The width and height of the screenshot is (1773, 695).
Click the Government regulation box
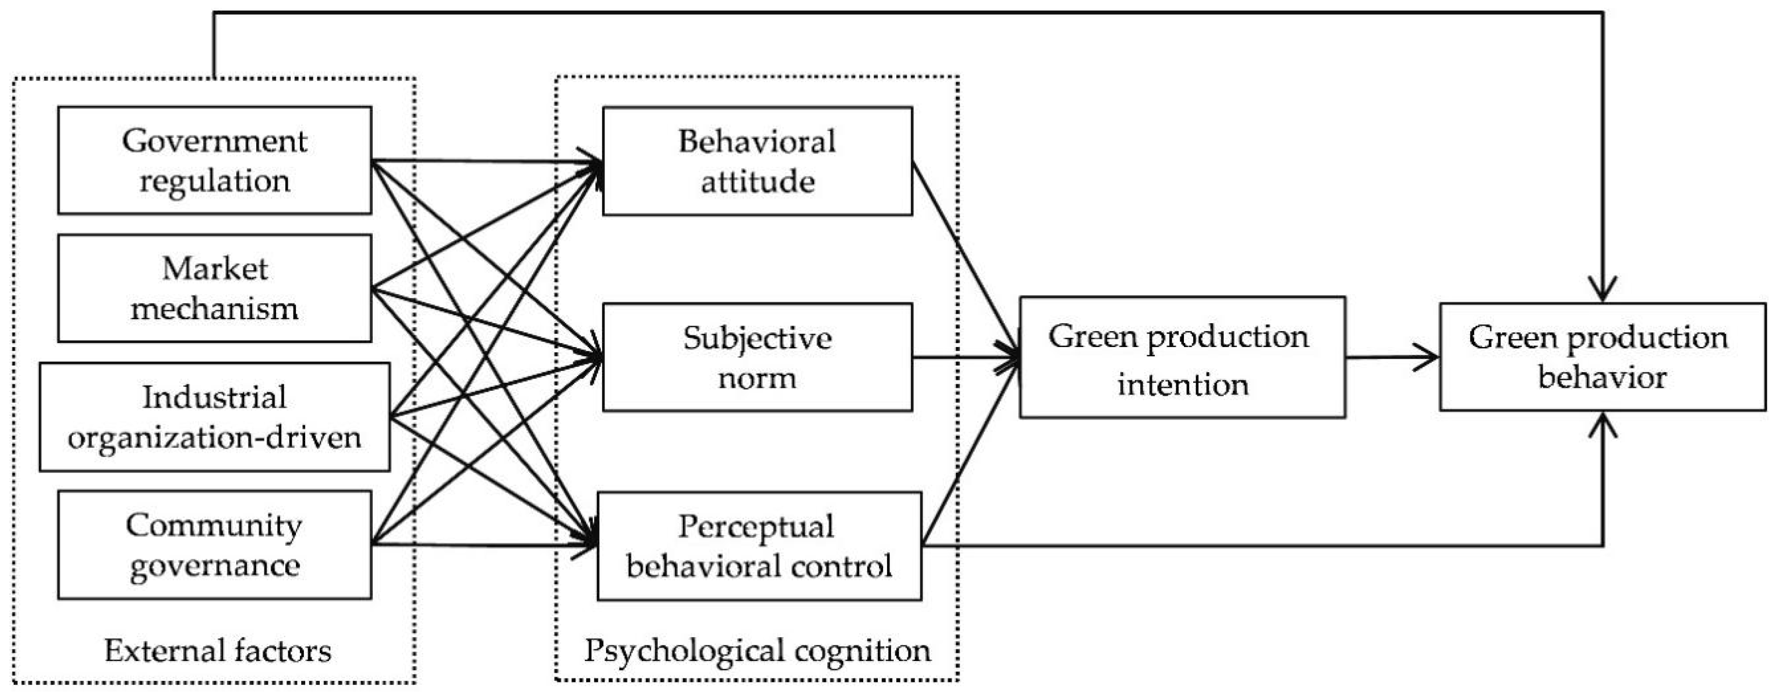(x=214, y=160)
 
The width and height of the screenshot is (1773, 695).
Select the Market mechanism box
(x=214, y=288)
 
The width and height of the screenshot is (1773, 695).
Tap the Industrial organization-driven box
(x=214, y=417)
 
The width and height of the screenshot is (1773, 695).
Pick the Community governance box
(x=214, y=544)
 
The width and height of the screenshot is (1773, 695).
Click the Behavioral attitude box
(x=757, y=161)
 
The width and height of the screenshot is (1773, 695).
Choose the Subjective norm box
(x=757, y=357)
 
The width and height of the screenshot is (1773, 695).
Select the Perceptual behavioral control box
(x=759, y=546)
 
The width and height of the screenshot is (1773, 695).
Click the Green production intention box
(x=1182, y=357)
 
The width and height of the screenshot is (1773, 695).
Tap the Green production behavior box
(x=1602, y=357)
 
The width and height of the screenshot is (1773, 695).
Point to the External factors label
(x=218, y=650)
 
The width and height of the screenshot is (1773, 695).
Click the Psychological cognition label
(x=757, y=650)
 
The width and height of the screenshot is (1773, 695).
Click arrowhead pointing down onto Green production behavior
(x=1603, y=289)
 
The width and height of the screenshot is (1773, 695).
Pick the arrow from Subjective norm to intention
(x=964, y=357)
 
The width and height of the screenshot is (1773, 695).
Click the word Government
(x=214, y=141)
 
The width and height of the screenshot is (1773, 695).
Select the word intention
(x=1182, y=384)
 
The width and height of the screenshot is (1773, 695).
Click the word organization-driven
(x=214, y=437)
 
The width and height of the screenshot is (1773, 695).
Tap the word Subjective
(x=757, y=338)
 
